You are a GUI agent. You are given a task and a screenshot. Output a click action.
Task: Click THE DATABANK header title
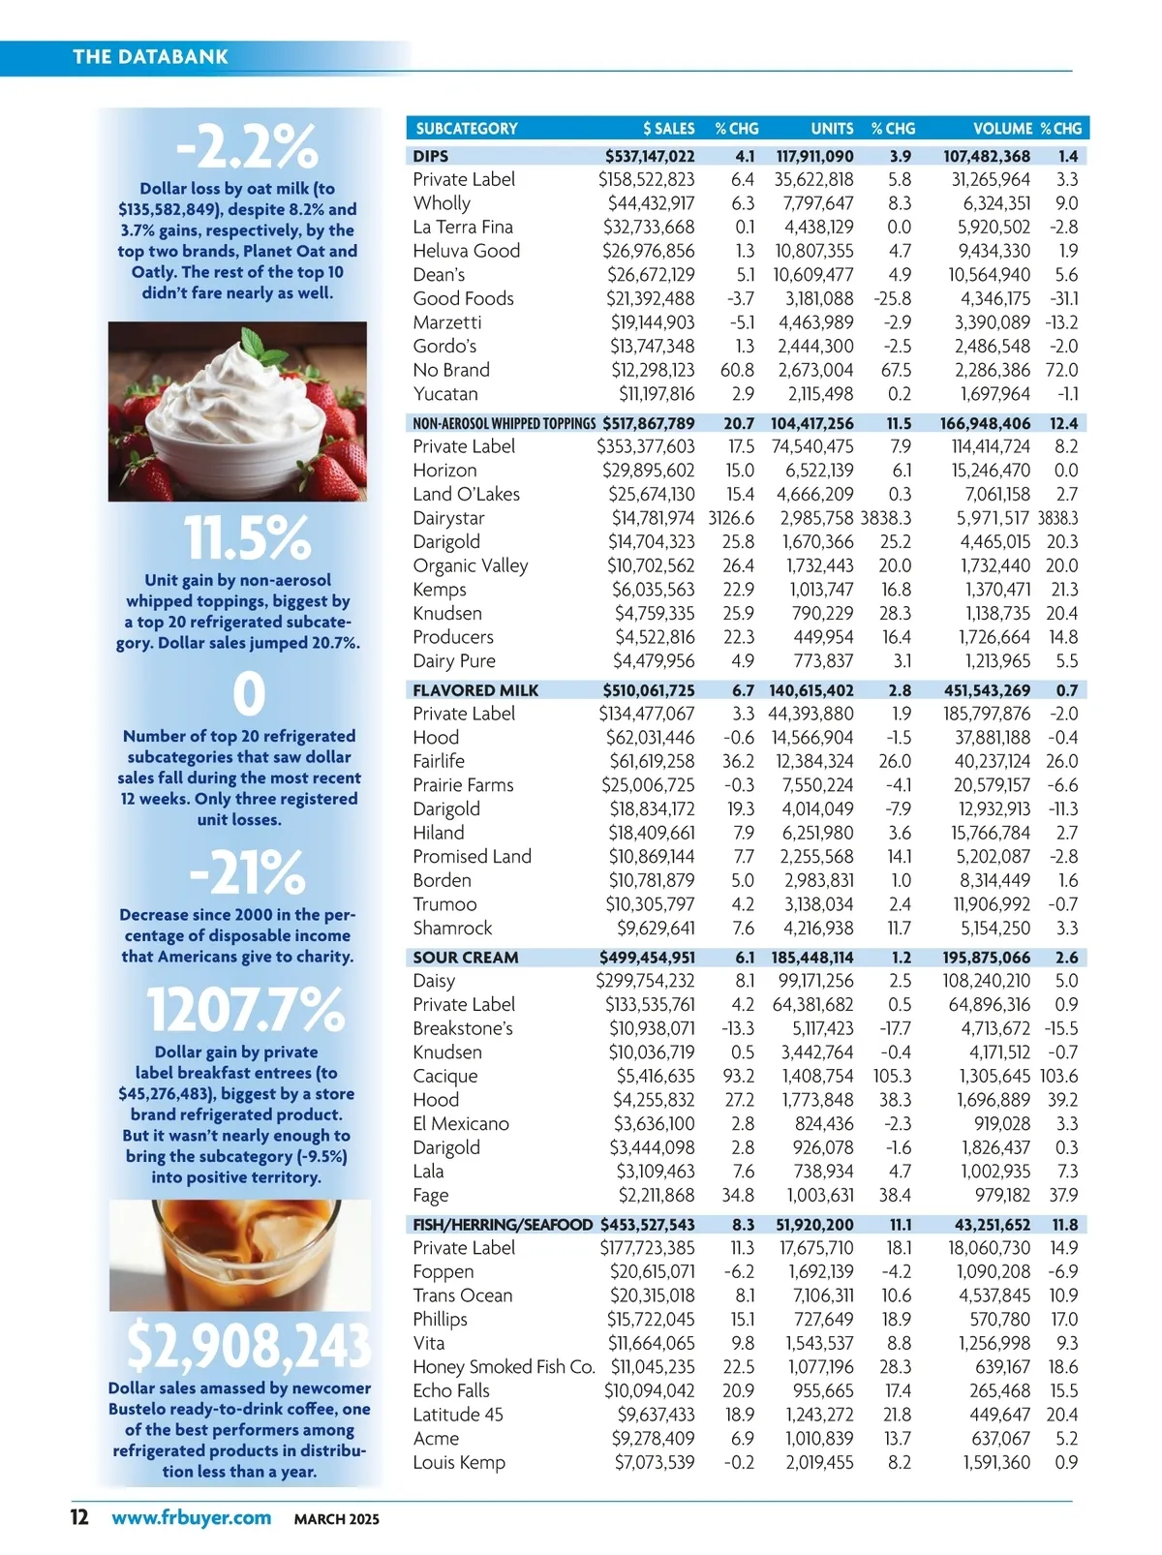[x=150, y=56]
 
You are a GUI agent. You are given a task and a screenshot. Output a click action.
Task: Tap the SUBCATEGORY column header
[x=466, y=128]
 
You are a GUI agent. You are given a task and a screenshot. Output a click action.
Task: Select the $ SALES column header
[x=668, y=128]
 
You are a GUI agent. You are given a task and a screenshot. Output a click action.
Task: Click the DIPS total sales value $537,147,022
[x=650, y=156]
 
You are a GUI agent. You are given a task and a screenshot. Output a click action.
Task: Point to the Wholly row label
[x=442, y=203]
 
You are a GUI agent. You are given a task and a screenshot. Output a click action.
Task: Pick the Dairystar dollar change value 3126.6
[x=731, y=518]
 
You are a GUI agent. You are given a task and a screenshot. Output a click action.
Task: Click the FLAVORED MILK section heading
[x=475, y=690]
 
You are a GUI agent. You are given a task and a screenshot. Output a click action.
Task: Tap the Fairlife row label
[x=439, y=761]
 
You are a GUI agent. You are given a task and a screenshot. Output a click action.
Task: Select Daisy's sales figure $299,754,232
[x=646, y=981]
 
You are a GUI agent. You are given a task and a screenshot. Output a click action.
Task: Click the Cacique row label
[x=445, y=1076]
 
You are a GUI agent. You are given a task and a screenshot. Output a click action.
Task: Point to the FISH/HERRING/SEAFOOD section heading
[x=503, y=1225]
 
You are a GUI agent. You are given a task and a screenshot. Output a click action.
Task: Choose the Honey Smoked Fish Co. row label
[x=504, y=1367]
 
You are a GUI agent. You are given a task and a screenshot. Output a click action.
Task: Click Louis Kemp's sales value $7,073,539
[x=655, y=1462]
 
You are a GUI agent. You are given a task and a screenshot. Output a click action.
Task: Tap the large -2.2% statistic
[x=247, y=147]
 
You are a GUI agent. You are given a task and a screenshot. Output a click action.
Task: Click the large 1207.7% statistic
[x=245, y=1009]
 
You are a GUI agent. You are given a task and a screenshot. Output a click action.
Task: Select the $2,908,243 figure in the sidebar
[x=248, y=1345]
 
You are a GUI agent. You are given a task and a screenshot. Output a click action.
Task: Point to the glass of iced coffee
[x=239, y=1255]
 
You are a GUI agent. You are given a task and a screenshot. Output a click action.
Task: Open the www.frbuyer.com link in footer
[x=191, y=1517]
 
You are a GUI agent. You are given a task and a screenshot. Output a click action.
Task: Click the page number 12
[x=79, y=1517]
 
